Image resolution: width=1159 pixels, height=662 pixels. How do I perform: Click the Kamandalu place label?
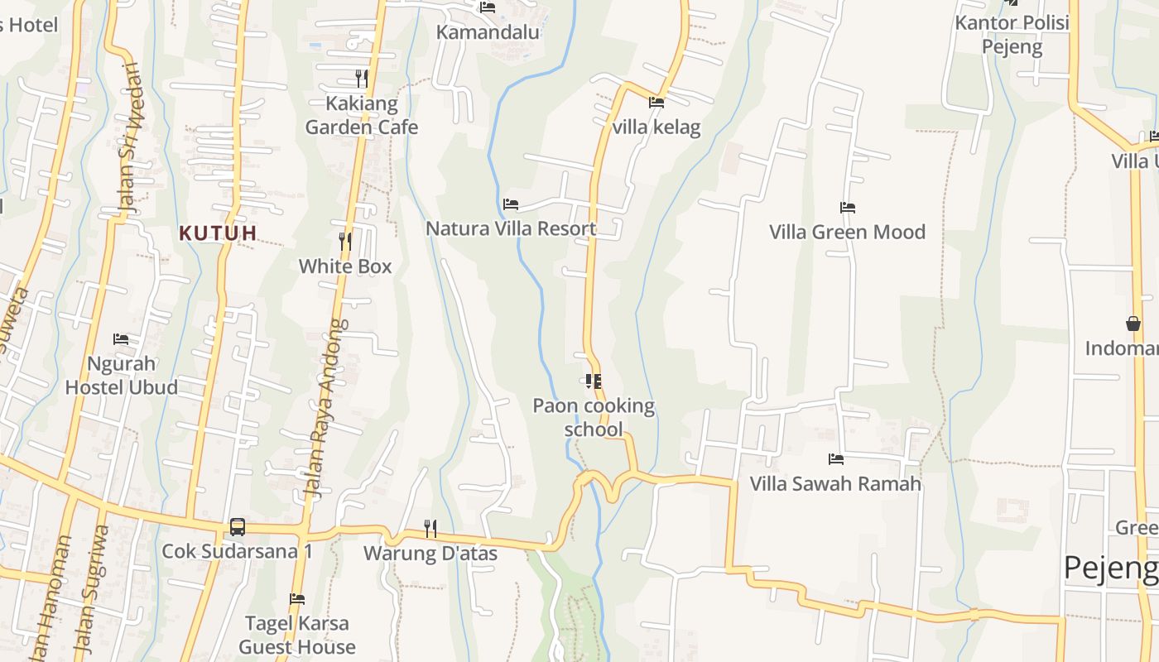click(488, 32)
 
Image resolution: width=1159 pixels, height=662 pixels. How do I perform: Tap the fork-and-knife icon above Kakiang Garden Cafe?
click(362, 79)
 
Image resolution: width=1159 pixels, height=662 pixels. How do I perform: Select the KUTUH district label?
click(218, 233)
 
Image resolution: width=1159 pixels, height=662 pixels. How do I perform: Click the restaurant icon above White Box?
click(345, 241)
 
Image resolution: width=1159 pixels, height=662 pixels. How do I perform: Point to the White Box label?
click(345, 266)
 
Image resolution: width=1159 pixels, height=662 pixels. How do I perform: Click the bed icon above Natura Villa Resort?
click(511, 204)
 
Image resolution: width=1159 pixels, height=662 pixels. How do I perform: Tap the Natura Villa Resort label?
click(511, 228)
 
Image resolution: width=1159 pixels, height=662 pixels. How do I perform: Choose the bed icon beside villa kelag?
click(656, 103)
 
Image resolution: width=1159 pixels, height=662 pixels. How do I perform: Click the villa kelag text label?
click(656, 127)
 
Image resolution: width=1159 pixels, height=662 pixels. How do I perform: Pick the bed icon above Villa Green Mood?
click(847, 207)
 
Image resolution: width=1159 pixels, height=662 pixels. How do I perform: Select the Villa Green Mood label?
click(847, 232)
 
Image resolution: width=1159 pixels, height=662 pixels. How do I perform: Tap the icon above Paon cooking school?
click(593, 381)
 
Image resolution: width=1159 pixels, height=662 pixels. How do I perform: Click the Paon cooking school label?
click(594, 417)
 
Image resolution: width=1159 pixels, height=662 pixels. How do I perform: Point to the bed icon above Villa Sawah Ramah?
click(836, 458)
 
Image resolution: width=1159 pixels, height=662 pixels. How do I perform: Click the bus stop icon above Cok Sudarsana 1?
click(238, 526)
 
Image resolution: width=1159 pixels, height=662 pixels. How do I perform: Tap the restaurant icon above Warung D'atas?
click(430, 527)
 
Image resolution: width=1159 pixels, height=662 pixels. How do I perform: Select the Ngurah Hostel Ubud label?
click(121, 375)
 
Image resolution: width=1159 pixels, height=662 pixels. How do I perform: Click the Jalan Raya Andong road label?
click(326, 408)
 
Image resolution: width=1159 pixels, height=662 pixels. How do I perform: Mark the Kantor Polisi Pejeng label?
click(1012, 34)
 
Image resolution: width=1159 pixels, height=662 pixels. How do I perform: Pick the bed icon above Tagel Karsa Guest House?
click(297, 598)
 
